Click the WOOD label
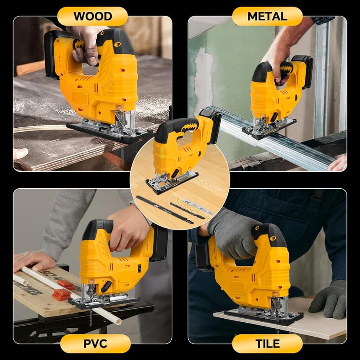(92, 17)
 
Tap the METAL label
(267, 17)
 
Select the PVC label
(95, 343)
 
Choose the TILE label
(267, 343)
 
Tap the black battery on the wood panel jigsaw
(51, 54)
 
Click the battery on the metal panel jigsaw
(303, 70)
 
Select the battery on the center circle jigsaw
(211, 126)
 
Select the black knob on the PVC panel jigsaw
(106, 287)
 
